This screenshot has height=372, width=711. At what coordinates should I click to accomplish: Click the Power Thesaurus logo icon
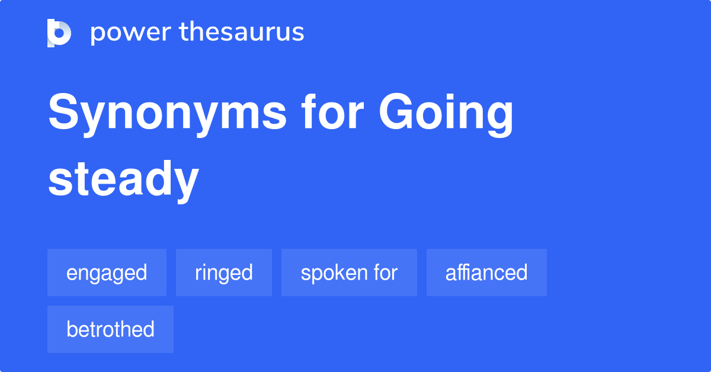pyautogui.click(x=59, y=33)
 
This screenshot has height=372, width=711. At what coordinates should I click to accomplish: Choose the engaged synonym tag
pyautogui.click(x=107, y=272)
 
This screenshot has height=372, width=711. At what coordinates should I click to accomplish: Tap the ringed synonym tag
pyautogui.click(x=224, y=272)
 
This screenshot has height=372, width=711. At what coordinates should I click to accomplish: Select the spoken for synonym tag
pyautogui.click(x=349, y=272)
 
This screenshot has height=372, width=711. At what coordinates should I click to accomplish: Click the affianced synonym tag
pyautogui.click(x=486, y=272)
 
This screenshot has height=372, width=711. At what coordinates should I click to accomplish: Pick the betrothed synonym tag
pyautogui.click(x=110, y=329)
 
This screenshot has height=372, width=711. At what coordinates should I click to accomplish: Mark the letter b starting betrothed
pyautogui.click(x=71, y=329)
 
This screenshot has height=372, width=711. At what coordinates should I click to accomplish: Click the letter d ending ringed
pyautogui.click(x=248, y=272)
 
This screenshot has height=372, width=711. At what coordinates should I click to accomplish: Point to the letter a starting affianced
pyautogui.click(x=450, y=274)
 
